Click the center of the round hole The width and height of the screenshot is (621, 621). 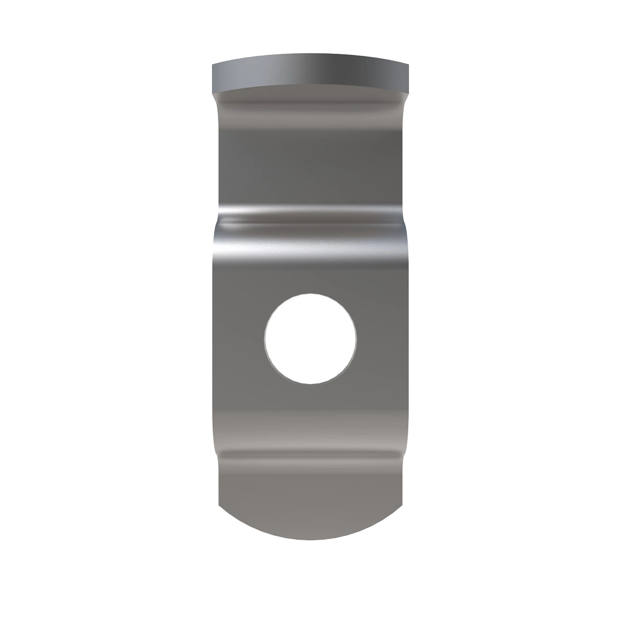coord(310,339)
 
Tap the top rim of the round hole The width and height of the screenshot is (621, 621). coord(310,294)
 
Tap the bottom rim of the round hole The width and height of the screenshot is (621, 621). coord(310,383)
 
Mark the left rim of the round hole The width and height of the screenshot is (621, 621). coord(265,339)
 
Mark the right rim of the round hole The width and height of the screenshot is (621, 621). coord(356,339)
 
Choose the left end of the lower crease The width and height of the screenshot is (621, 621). coord(220,455)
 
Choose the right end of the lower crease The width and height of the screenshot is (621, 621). coord(401,455)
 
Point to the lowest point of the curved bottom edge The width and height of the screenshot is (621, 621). coord(310,539)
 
